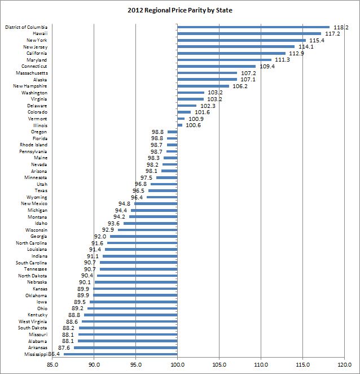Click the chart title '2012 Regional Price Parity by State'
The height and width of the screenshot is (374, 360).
pos(180,10)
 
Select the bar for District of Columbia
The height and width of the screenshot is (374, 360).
pos(253,27)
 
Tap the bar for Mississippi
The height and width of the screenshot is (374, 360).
pos(121,354)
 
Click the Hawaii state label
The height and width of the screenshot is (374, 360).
pos(38,33)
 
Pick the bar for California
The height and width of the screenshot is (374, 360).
pos(231,53)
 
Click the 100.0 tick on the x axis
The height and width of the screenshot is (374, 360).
pos(178,364)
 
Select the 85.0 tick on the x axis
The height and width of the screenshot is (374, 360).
pos(52,364)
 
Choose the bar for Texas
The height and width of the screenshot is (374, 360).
pos(163,190)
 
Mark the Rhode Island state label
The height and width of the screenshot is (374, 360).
pos(33,145)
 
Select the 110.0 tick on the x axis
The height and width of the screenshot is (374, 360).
pos(261,364)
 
